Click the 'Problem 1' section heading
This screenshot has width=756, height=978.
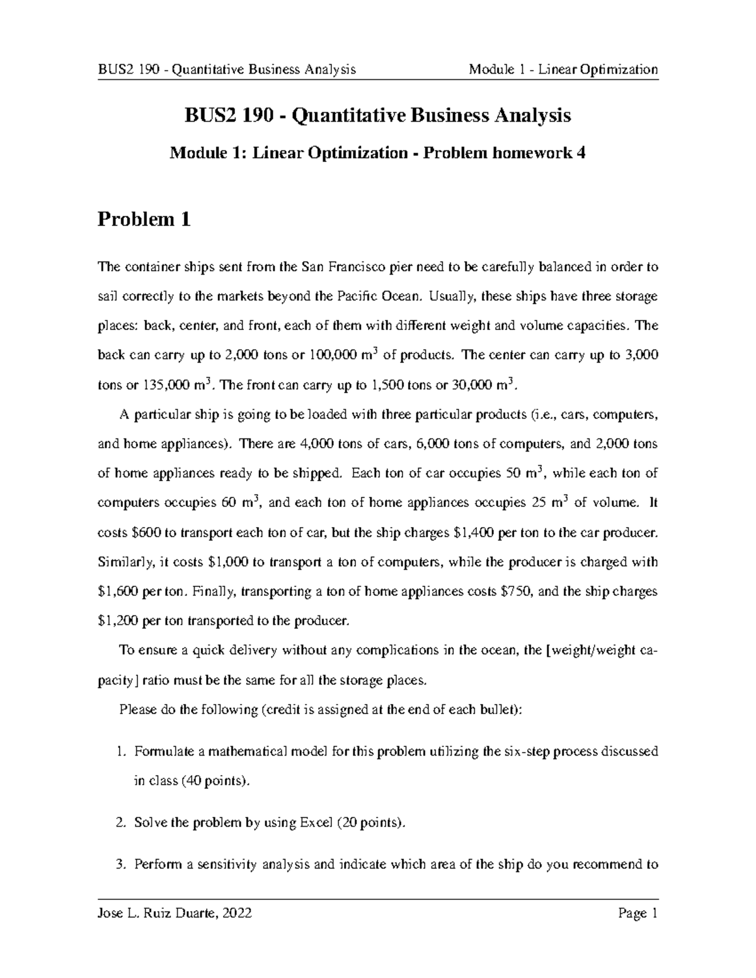tap(144, 220)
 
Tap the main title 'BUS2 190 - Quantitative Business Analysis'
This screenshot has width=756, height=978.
tap(377, 116)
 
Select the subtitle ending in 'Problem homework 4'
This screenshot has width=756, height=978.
tap(377, 153)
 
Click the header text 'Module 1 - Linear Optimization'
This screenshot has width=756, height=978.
tap(563, 69)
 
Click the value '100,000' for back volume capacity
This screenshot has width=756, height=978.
tap(332, 355)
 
